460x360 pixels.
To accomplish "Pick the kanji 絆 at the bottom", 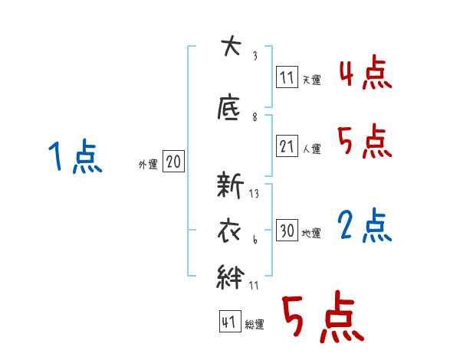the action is tap(231, 277).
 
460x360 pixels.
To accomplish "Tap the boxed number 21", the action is tap(287, 147).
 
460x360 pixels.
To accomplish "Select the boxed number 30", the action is tap(287, 231).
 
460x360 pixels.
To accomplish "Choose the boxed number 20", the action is tap(173, 162).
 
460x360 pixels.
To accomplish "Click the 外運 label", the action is tap(148, 165).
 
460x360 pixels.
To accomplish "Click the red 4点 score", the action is tap(365, 74).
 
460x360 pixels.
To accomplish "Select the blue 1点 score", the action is tap(74, 159).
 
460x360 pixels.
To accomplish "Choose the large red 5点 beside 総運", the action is tap(321, 319).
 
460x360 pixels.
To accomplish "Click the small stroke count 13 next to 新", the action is tap(254, 194).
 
